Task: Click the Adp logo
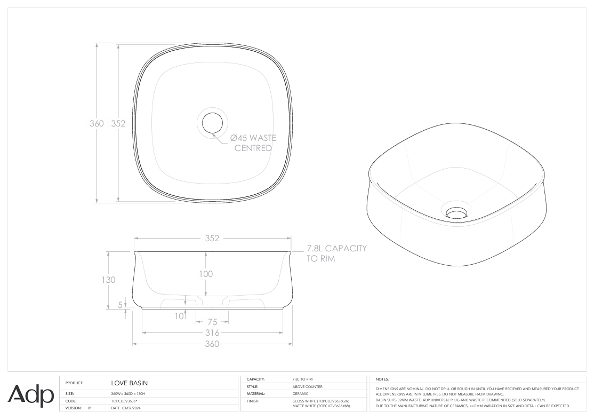[31, 396]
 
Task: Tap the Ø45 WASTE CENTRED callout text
[253, 143]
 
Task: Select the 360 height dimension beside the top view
[97, 123]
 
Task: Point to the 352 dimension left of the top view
[118, 123]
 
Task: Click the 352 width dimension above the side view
[212, 238]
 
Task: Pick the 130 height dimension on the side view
[108, 280]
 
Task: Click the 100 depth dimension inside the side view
[206, 274]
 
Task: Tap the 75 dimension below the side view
[213, 322]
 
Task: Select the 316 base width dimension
[212, 333]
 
